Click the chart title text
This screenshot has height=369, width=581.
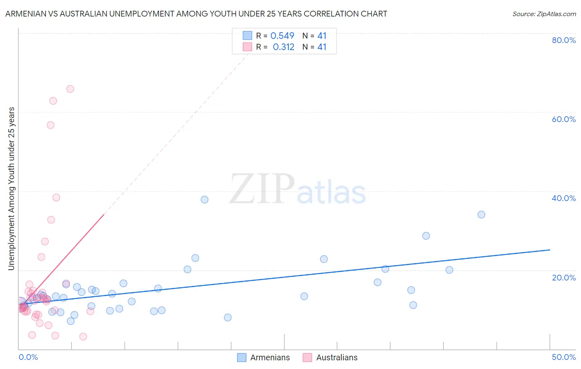(196, 14)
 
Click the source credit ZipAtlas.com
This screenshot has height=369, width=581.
(544, 14)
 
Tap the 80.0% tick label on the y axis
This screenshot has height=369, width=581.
(564, 40)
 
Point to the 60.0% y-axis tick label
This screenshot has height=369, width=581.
(564, 119)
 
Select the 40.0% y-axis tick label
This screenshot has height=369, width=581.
(564, 198)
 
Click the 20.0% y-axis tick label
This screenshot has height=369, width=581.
(564, 278)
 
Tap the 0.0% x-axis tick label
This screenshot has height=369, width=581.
(28, 357)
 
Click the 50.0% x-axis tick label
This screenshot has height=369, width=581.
(564, 357)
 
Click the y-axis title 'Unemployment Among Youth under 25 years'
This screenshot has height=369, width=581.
(12, 189)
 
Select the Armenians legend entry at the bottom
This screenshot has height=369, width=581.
(269, 357)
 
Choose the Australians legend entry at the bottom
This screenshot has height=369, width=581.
(336, 357)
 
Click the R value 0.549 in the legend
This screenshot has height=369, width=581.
(282, 36)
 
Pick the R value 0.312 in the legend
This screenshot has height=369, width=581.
(283, 47)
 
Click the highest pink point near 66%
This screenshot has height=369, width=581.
(70, 89)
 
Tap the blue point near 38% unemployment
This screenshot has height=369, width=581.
(205, 199)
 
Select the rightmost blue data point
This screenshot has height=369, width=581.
(481, 214)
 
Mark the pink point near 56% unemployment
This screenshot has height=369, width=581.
(50, 125)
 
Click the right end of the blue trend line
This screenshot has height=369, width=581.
(550, 250)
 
